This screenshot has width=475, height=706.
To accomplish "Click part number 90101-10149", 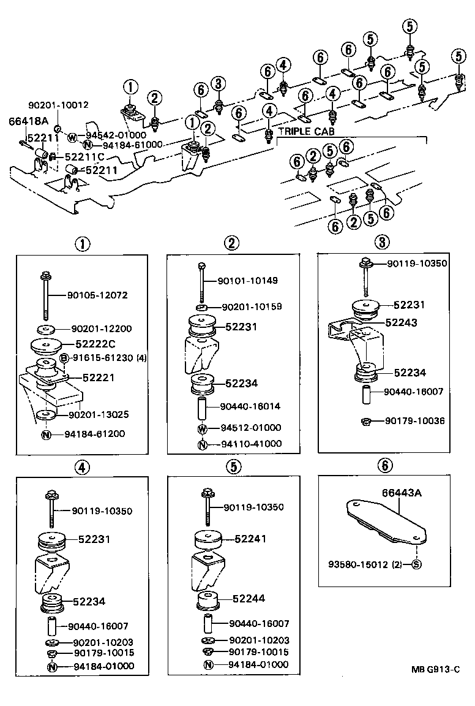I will [x=248, y=281].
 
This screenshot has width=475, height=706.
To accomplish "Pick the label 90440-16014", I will [x=247, y=406].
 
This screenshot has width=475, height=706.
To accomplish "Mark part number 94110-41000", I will [x=247, y=444].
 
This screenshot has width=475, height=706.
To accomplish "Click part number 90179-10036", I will [x=415, y=421].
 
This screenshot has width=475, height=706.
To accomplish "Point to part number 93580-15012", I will [x=357, y=564].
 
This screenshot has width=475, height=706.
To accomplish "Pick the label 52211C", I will [x=83, y=157].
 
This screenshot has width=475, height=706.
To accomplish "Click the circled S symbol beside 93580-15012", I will [x=416, y=564].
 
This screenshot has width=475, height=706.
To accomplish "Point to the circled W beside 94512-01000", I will [x=202, y=428].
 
